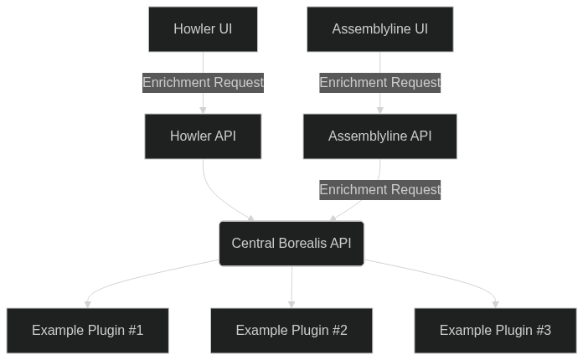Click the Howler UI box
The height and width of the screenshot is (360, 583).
point(203,29)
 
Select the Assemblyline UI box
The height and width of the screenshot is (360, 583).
point(379,29)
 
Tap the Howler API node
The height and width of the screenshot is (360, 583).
point(203,136)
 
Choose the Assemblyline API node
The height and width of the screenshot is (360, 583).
point(379,136)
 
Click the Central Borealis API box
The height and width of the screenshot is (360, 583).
point(291,244)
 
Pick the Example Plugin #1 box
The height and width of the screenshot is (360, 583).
point(87,331)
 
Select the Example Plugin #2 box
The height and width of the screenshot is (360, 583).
point(291,331)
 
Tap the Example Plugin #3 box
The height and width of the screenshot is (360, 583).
point(495,331)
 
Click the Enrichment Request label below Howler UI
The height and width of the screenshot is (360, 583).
point(203,82)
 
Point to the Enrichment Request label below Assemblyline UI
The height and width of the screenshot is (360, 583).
point(379,82)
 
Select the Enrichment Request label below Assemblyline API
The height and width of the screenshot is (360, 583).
point(379,189)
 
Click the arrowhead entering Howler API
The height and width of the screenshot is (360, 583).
point(203,110)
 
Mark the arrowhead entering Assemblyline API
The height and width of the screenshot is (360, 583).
point(379,110)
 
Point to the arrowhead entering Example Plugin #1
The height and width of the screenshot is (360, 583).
point(87,304)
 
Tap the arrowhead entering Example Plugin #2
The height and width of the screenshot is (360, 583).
point(291,304)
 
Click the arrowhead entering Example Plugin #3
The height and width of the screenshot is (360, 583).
point(495,304)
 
